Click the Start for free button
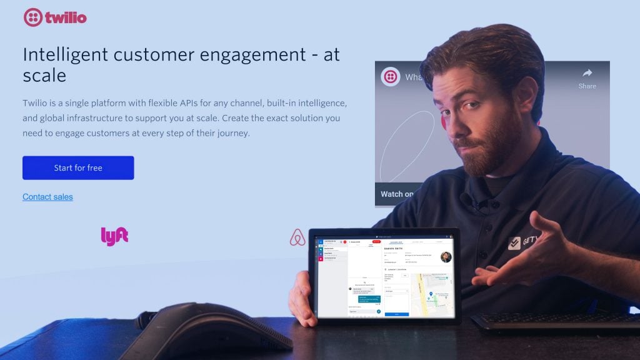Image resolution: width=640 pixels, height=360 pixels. pos(78,167)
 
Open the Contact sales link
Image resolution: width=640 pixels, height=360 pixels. pos(47,197)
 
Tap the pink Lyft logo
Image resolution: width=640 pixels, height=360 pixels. pos(114,236)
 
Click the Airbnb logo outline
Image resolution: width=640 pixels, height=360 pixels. pos(297,237)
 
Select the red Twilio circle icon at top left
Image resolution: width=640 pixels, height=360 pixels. pos(32,17)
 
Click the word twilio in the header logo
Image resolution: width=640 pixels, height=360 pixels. pos(66,17)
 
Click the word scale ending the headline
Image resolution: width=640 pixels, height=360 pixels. pos(44,76)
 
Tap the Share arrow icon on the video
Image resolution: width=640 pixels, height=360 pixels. pos(587,72)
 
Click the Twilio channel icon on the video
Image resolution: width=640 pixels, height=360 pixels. pos(391,77)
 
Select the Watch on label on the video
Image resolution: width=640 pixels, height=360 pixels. pos(397,194)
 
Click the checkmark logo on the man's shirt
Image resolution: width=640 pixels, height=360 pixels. pos(514,243)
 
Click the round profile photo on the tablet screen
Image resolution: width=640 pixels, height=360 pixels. pos(446,257)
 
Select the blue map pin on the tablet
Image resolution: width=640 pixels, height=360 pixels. pos(431,294)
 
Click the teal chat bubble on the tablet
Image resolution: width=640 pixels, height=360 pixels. pos(367,299)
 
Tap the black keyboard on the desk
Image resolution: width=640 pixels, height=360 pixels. pos(556,321)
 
